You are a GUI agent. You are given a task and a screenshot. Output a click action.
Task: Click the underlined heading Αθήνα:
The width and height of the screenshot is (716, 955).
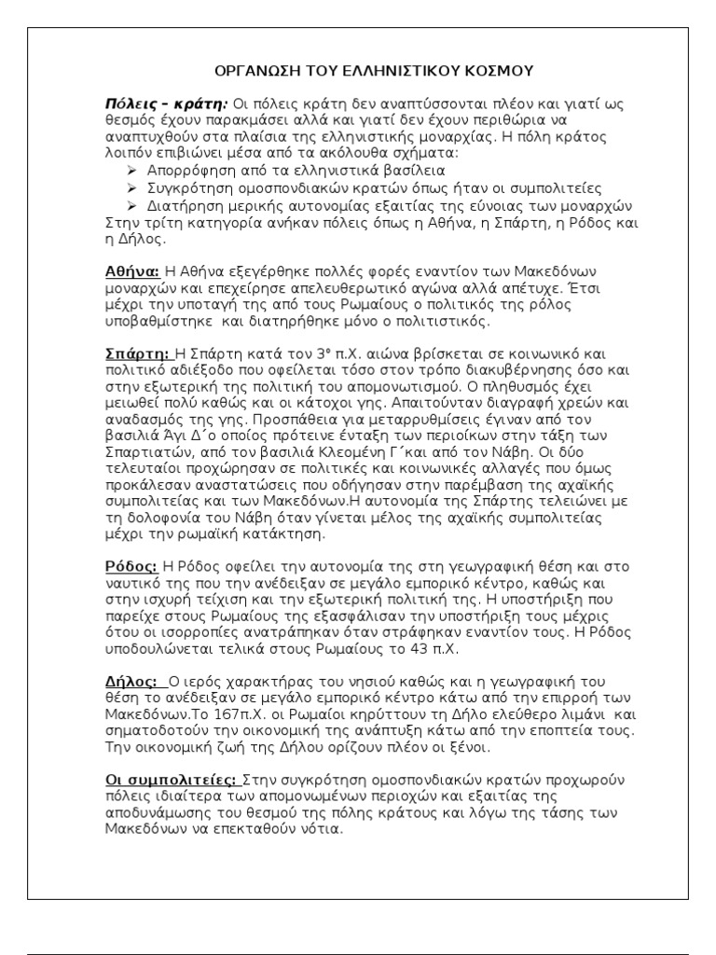[x=131, y=272]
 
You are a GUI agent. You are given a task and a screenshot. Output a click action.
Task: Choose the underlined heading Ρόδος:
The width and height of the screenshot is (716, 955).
[x=131, y=566]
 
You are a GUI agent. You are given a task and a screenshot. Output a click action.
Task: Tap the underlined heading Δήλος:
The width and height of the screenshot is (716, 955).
[x=131, y=681]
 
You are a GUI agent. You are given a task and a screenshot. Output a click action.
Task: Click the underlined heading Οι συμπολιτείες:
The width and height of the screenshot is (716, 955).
[x=172, y=779]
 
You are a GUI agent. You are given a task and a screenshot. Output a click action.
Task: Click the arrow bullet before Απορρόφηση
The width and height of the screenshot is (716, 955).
[x=131, y=171]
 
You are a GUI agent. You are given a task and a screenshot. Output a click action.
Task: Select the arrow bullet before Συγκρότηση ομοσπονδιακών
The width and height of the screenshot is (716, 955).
[x=131, y=187]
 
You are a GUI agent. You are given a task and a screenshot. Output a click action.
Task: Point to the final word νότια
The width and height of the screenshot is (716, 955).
[x=325, y=829]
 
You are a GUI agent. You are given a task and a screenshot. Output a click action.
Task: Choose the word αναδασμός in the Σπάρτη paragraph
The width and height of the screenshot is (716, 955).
[x=140, y=421]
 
